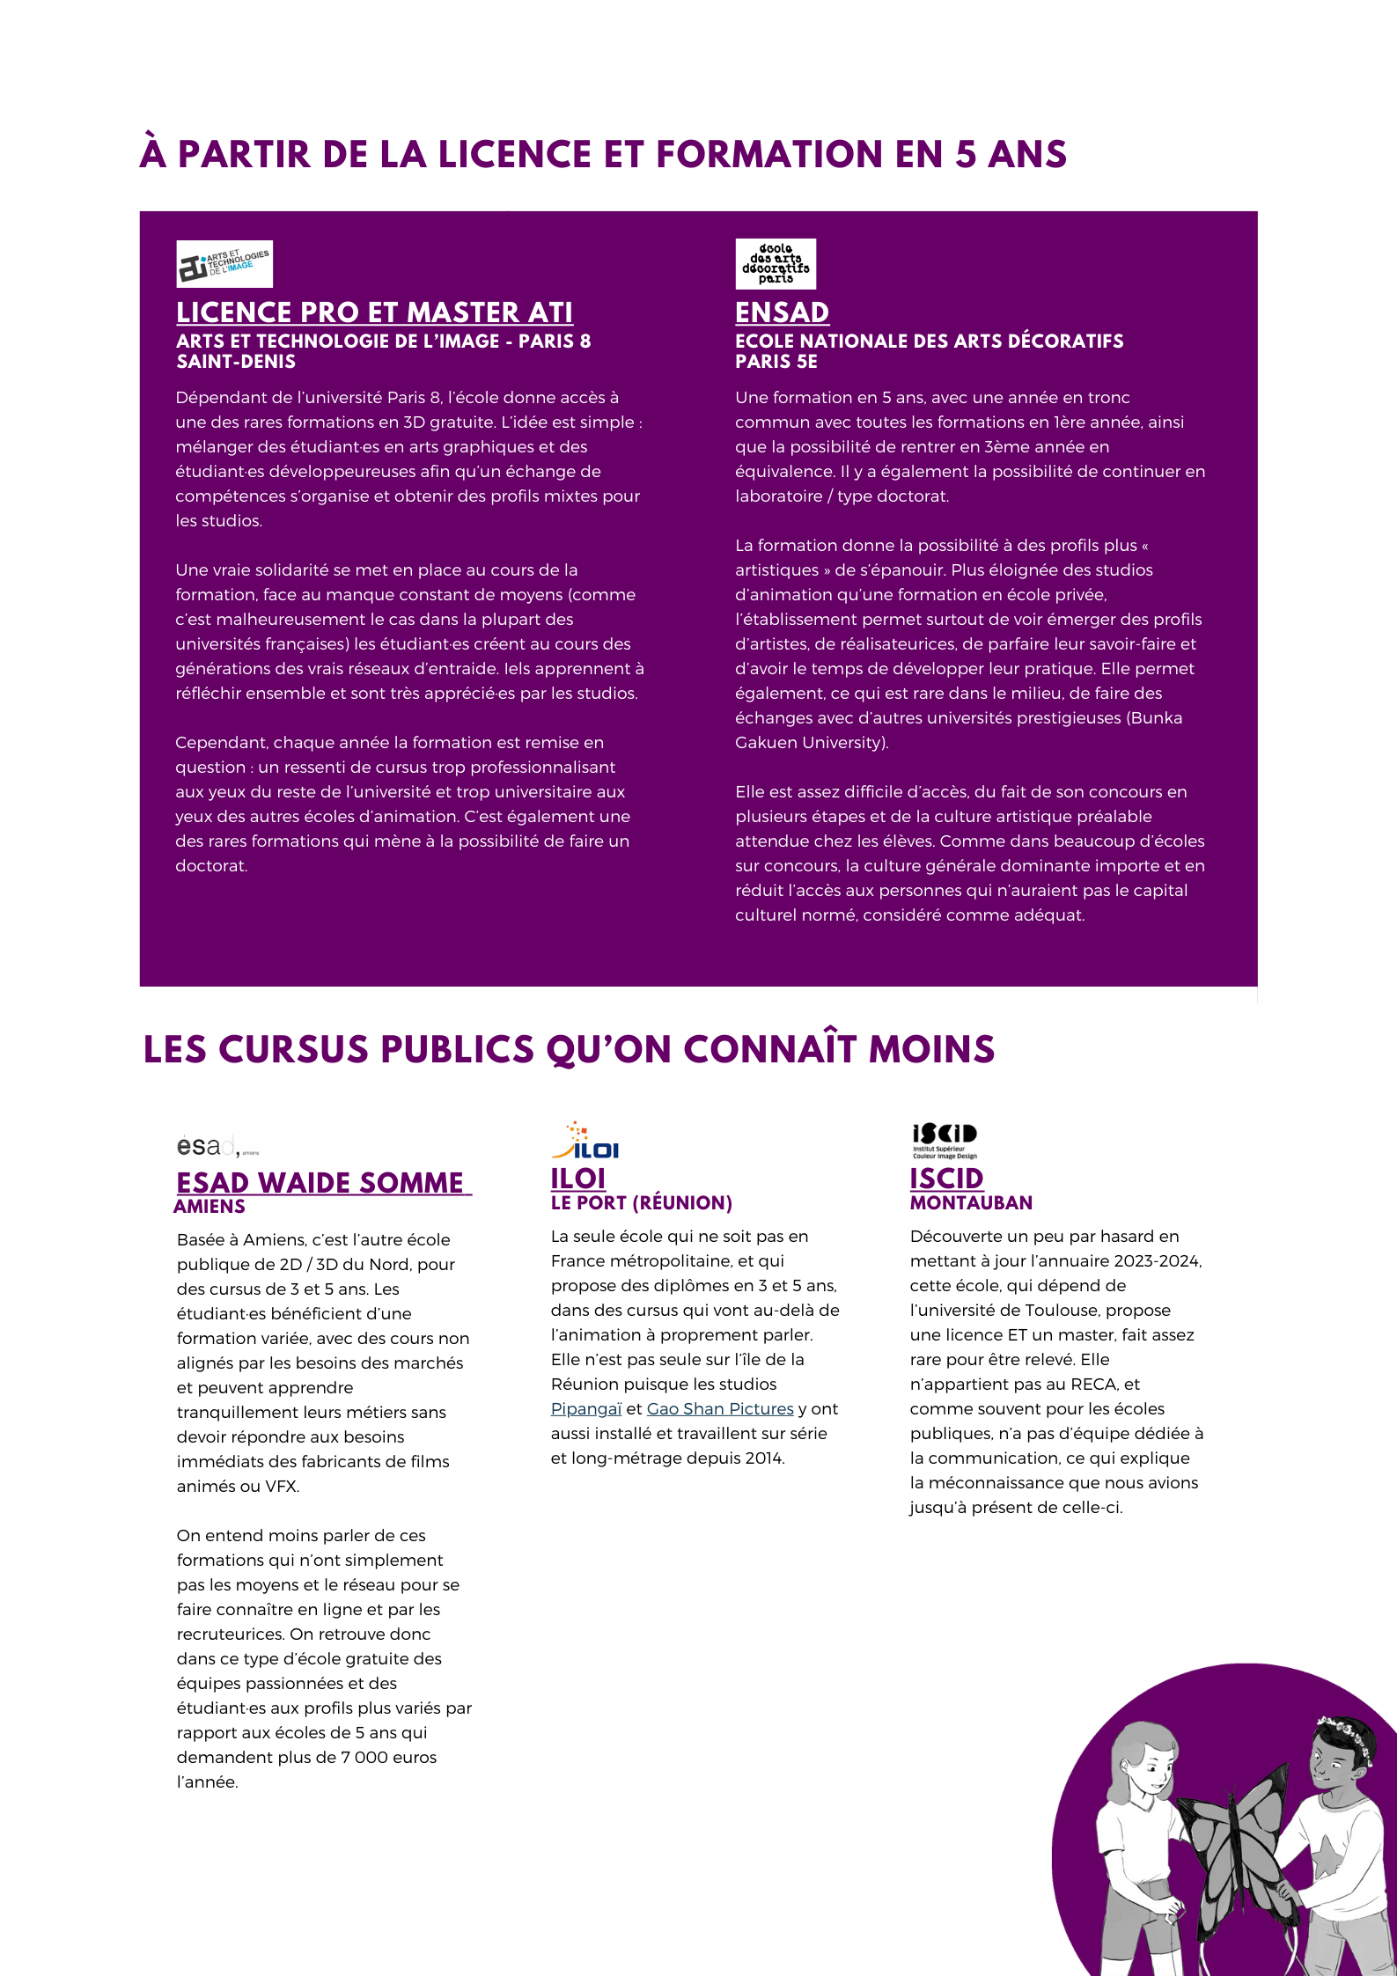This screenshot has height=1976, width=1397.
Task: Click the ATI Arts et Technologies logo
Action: (224, 264)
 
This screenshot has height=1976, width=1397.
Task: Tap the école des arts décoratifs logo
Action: (776, 264)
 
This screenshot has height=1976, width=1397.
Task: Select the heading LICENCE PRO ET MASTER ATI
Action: (374, 312)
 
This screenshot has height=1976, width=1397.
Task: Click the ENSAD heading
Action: (782, 312)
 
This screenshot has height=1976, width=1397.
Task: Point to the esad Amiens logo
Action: (217, 1146)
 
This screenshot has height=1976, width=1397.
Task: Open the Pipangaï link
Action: (586, 1409)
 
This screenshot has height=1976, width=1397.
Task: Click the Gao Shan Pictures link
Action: (720, 1409)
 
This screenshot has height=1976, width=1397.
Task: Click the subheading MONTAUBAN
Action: (971, 1203)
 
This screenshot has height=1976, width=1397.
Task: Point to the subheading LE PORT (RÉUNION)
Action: (642, 1203)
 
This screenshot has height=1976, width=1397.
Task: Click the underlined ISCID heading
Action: (946, 1178)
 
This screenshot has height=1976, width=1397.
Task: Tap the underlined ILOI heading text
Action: (578, 1178)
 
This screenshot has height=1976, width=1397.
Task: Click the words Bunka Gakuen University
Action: (959, 730)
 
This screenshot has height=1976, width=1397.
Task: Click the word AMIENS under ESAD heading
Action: (210, 1207)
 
